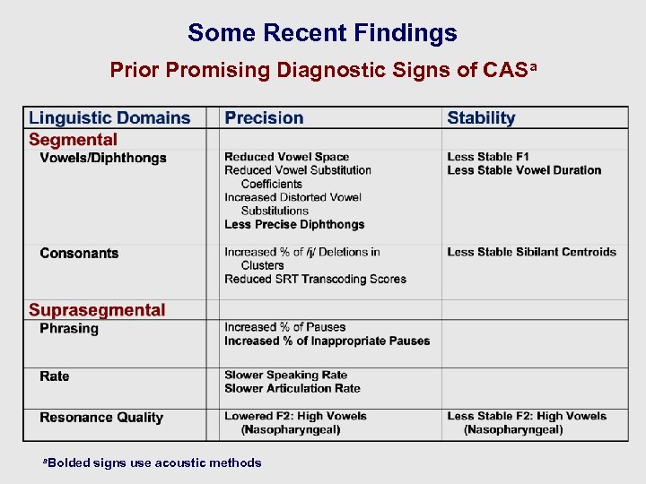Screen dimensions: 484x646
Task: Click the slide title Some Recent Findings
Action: tap(322, 33)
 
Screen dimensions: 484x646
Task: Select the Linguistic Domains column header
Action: tap(109, 118)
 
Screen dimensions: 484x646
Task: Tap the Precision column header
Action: tap(264, 118)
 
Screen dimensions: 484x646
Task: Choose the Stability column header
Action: tap(481, 118)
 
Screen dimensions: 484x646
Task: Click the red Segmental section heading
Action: tap(73, 140)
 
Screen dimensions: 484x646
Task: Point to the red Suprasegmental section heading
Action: tap(97, 311)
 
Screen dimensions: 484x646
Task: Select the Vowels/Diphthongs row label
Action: tap(103, 159)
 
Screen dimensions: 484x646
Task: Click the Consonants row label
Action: tap(79, 254)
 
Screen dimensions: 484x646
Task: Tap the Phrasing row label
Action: tap(69, 329)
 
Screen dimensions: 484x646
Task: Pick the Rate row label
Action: tap(55, 376)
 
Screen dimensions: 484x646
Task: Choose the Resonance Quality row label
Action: tap(101, 418)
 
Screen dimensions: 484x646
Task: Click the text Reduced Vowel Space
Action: tap(286, 157)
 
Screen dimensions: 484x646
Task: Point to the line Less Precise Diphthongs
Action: tap(294, 224)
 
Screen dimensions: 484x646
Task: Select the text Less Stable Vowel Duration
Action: tap(524, 170)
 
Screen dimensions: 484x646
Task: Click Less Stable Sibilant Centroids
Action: tap(531, 252)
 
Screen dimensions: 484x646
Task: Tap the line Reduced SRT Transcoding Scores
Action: tap(315, 279)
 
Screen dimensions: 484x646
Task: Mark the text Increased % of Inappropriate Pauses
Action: tap(327, 341)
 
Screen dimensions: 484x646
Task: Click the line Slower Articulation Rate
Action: tap(292, 389)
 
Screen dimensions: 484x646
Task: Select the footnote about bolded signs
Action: tap(153, 463)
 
